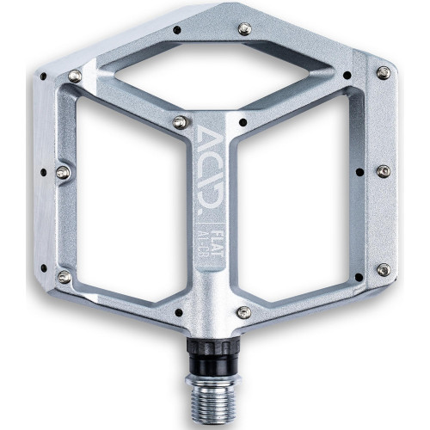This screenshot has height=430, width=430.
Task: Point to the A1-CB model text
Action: point(207,236)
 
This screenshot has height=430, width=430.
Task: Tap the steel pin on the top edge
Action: point(244,29)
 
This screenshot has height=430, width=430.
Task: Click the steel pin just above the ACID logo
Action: point(179,123)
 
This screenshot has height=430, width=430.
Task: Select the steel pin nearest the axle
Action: point(245,311)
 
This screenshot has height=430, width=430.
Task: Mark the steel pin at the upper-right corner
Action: point(381,73)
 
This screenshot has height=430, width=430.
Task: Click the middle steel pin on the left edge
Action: point(63,173)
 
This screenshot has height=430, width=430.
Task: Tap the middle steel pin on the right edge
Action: point(384,171)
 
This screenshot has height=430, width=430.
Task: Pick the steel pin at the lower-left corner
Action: point(64,276)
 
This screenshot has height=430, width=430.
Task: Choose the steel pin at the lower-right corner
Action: point(383,270)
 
